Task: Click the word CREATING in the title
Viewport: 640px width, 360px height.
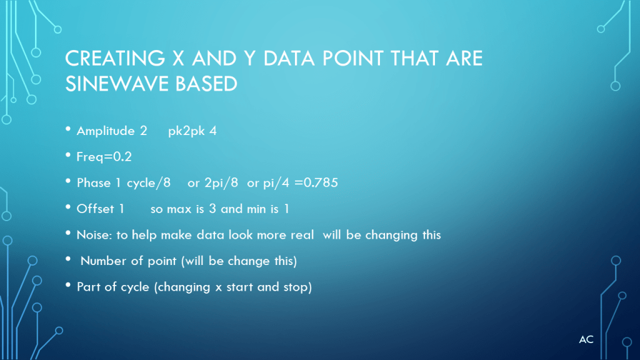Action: coord(115,58)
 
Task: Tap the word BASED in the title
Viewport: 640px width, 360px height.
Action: coord(206,84)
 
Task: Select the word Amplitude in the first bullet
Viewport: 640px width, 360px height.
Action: coord(106,131)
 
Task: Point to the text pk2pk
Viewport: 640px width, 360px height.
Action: coord(186,131)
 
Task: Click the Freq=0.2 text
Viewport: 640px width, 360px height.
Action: coord(104,157)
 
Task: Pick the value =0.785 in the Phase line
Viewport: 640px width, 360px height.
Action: coord(316,182)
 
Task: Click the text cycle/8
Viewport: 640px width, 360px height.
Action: coord(149,183)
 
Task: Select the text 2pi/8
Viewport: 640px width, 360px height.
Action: coord(221,183)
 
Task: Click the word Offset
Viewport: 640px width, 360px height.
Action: coord(96,209)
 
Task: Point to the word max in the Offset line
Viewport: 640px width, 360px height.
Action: coord(179,209)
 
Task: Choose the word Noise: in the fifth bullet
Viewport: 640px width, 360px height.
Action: coord(94,235)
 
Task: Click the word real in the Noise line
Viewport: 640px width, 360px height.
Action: coord(302,235)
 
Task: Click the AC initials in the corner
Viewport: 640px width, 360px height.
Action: coord(586,339)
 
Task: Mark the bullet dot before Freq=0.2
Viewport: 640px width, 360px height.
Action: coord(68,155)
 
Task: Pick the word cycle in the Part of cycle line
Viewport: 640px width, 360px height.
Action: coord(135,287)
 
